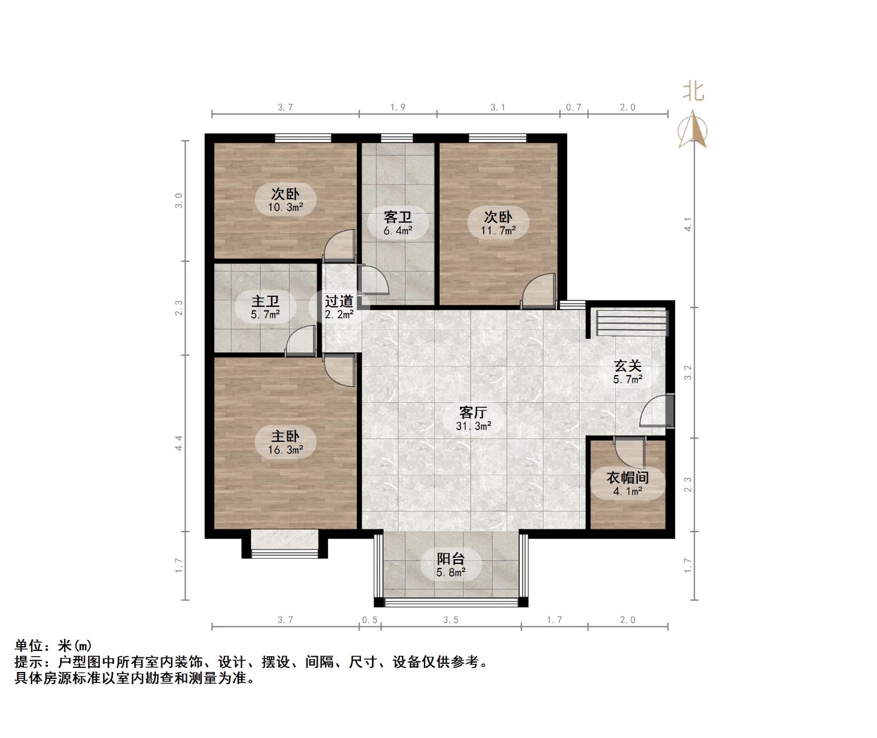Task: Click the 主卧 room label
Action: point(285,436)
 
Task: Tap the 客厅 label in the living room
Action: point(473,413)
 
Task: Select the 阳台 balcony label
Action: point(451,559)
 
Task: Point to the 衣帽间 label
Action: point(628,478)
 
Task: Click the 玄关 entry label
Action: point(628,366)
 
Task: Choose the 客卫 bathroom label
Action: point(398,217)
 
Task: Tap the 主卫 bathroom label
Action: point(265,302)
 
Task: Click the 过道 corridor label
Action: point(339,302)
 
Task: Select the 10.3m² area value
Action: point(286,207)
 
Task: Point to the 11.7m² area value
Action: point(498,231)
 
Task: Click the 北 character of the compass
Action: point(694,92)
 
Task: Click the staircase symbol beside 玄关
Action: point(631,323)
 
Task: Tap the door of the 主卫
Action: point(301,341)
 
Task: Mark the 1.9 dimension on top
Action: point(398,108)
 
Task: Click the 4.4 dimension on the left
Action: point(180,443)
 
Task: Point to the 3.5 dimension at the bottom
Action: point(451,620)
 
